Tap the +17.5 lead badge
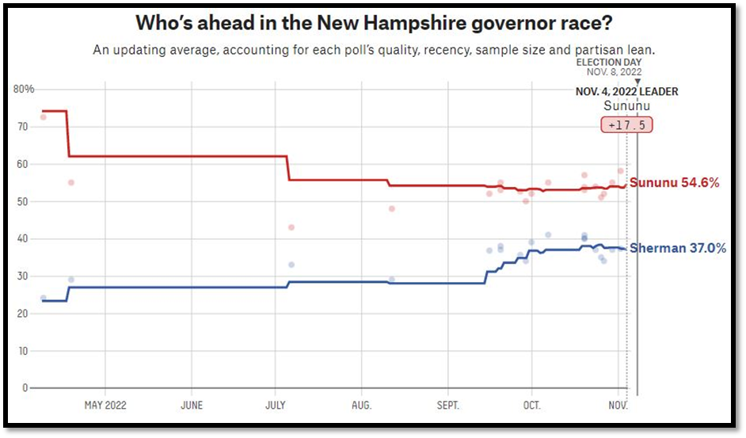pyautogui.click(x=627, y=125)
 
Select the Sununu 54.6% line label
pyautogui.click(x=674, y=183)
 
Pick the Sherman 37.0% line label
pyautogui.click(x=678, y=249)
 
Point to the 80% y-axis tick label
pyautogui.click(x=25, y=89)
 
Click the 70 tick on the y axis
pyautogui.click(x=23, y=127)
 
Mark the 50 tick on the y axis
pyautogui.click(x=23, y=202)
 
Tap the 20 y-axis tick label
pyautogui.click(x=23, y=314)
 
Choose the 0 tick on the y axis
pyautogui.click(x=25, y=388)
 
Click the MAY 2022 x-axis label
pyautogui.click(x=105, y=406)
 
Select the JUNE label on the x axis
pyautogui.click(x=191, y=406)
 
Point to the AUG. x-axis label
pyautogui.click(x=361, y=406)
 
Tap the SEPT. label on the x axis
pyautogui.click(x=447, y=406)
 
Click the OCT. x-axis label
pyautogui.click(x=531, y=406)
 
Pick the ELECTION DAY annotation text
pyautogui.click(x=609, y=62)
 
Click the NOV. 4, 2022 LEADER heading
pyautogui.click(x=626, y=92)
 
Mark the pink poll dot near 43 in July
pyautogui.click(x=291, y=227)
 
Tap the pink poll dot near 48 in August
pyautogui.click(x=391, y=208)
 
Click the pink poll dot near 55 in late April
pyautogui.click(x=70, y=182)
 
